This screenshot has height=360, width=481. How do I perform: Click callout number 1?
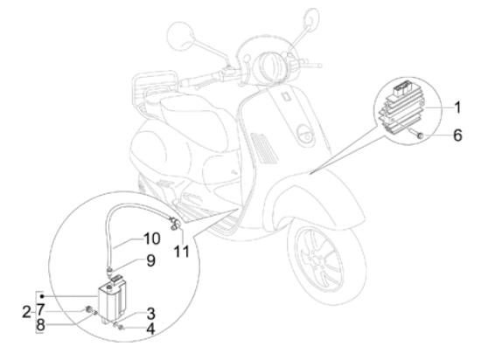point(457,107)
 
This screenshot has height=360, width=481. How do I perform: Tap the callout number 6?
point(457,135)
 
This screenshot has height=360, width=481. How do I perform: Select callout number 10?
point(152,239)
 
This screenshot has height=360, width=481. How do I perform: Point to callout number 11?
point(182,252)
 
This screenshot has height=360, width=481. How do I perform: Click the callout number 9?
point(150,260)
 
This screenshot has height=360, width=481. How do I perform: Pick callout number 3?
point(150,314)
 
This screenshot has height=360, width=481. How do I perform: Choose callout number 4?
point(150,329)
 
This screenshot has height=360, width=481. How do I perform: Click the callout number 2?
point(27,312)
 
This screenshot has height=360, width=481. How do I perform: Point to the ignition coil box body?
point(112,301)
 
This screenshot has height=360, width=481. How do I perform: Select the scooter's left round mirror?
point(180,36)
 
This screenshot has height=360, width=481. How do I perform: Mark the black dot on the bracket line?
point(42,296)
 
